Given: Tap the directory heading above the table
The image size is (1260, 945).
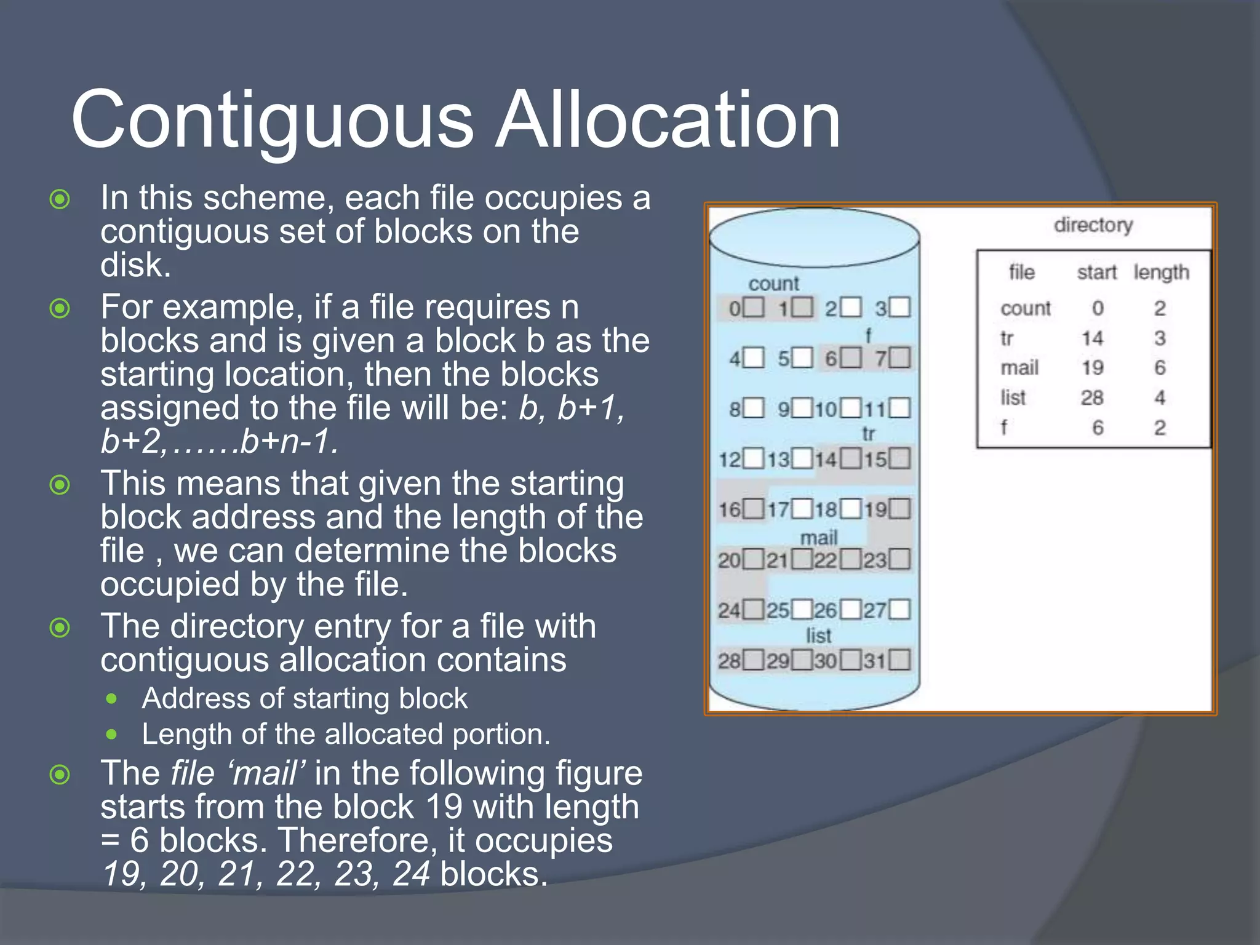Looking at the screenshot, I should [1093, 225].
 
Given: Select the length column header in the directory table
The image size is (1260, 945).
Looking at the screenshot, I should [1161, 272].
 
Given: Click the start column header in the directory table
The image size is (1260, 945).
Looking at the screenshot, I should [1096, 272].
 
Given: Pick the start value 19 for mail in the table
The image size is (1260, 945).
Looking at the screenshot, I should [1093, 368].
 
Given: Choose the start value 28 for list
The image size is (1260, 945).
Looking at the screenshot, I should [1092, 398].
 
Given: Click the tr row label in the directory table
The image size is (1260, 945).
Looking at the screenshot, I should [1007, 338].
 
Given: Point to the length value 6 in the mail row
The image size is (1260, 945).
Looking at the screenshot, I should [1160, 368].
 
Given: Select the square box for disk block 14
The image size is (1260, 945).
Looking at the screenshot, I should [851, 458].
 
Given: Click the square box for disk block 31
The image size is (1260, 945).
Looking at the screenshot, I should [899, 660].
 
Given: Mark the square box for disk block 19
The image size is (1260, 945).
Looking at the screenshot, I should [899, 509].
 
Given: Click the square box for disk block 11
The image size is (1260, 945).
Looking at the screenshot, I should [899, 408].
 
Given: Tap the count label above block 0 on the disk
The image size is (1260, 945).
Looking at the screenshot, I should [773, 284].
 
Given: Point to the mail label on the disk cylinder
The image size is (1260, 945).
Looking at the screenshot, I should [819, 538].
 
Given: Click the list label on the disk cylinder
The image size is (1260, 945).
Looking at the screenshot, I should [818, 636].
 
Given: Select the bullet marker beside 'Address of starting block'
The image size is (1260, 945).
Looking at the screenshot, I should [111, 699].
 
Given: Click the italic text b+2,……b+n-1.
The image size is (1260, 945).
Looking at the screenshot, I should [219, 442].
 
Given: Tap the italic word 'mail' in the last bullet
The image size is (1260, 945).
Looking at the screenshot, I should [266, 773].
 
